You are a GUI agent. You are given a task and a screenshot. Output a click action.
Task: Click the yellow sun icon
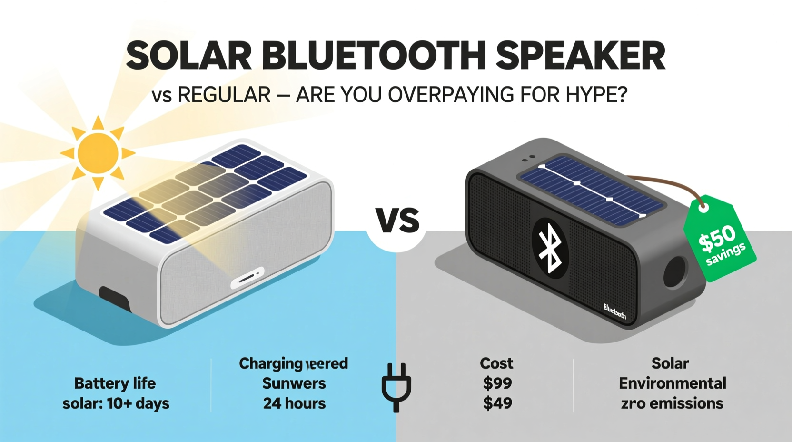coord(98,152)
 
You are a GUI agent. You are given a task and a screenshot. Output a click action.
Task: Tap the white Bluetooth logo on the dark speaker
coord(549,248)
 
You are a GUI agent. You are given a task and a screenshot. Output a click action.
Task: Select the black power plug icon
coord(396,387)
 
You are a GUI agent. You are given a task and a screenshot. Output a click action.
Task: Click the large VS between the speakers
coord(397,221)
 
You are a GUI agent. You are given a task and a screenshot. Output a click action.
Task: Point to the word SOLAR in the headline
coord(188,56)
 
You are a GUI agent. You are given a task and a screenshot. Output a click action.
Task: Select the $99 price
coord(497,383)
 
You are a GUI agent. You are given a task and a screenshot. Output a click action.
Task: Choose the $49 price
coord(497,403)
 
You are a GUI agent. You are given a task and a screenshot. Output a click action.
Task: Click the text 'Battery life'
coord(115,383)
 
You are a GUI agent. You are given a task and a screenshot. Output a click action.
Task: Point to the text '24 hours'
coord(294,403)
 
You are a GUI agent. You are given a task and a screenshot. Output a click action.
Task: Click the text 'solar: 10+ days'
coord(116,403)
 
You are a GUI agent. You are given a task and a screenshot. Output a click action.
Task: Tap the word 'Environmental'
coord(672,383)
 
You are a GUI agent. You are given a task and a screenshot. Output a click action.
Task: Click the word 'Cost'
coord(496,363)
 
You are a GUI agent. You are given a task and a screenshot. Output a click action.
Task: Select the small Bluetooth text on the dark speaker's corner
coord(614,311)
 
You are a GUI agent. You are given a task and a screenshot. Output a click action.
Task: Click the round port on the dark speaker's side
coord(675,271)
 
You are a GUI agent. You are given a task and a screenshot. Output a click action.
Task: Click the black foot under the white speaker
coord(114,299)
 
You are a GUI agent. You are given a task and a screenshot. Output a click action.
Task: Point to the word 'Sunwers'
coord(294,383)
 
